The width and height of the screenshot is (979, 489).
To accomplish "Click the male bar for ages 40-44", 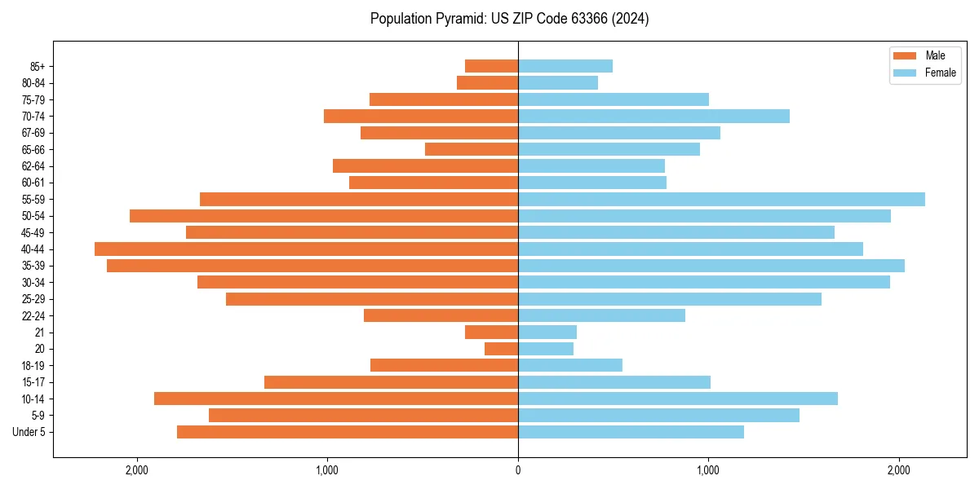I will pyautogui.click(x=306, y=249).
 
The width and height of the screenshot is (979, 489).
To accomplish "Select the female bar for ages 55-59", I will pyautogui.click(x=721, y=199).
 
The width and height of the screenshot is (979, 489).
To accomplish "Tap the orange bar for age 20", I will pyautogui.click(x=501, y=349).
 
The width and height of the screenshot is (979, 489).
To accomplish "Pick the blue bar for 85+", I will pyautogui.click(x=565, y=66).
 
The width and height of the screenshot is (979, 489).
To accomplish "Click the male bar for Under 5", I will pyautogui.click(x=347, y=432).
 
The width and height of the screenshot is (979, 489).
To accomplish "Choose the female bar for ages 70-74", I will pyautogui.click(x=653, y=116).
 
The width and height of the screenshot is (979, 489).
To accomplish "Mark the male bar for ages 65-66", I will pyautogui.click(x=472, y=149).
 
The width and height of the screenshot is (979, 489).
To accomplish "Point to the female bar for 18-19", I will pyautogui.click(x=569, y=365).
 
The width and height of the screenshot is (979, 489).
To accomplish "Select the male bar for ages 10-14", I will pyautogui.click(x=335, y=399).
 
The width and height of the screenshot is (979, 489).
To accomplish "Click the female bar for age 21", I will pyautogui.click(x=547, y=332).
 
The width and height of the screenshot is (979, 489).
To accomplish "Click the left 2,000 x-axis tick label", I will pyautogui.click(x=136, y=469).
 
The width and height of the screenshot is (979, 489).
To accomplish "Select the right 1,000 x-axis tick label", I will pyautogui.click(x=708, y=469).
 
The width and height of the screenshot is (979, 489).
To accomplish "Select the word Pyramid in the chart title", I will pyautogui.click(x=457, y=19).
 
